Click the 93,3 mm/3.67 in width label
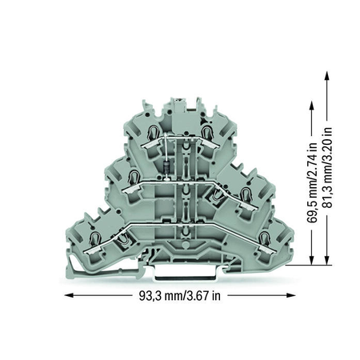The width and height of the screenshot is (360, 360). click(180, 296)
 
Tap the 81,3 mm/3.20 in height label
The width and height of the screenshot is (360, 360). click(328, 167)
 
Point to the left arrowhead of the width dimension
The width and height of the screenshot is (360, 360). click(69, 295)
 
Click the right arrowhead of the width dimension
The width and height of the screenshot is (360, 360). click(291, 295)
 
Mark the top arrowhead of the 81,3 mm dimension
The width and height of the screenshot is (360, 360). click(327, 75)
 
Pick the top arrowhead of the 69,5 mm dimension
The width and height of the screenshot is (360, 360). click(311, 105)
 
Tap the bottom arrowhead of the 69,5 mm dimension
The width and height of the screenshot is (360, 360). click(311, 261)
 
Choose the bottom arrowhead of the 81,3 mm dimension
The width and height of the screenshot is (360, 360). click(327, 261)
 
